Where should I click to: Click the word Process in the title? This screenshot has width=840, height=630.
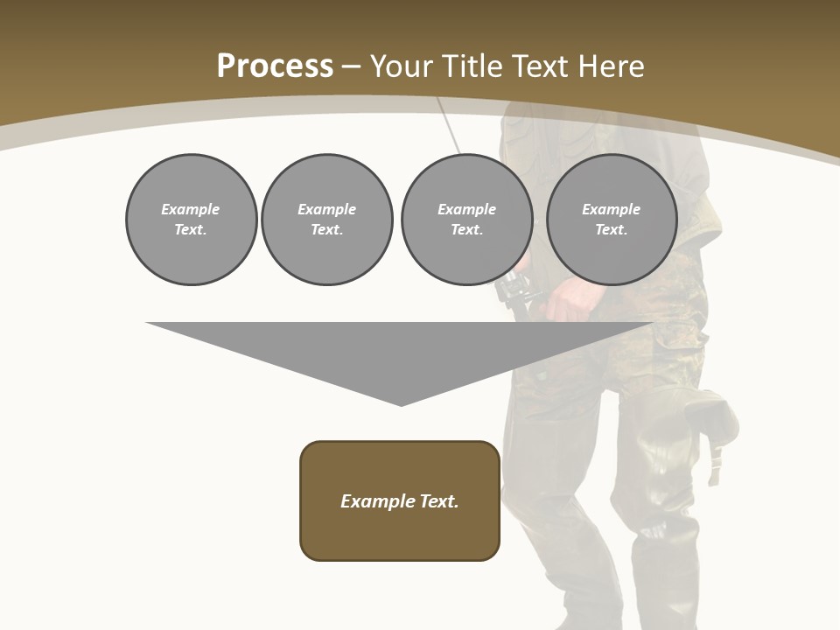click(275, 66)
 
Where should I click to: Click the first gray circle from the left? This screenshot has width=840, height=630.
click(191, 220)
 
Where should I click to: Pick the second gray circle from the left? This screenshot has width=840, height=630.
click(326, 220)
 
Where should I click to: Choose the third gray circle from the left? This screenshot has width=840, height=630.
click(466, 220)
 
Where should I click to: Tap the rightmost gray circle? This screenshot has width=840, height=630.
click(611, 220)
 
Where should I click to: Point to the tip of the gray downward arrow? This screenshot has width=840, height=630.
click(401, 403)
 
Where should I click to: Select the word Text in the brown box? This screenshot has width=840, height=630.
click(439, 501)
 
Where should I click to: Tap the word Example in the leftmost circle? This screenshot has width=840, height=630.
click(190, 209)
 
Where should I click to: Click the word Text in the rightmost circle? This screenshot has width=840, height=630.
click(611, 230)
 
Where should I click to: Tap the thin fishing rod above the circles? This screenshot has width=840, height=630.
click(451, 128)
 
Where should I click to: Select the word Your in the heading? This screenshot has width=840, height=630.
click(402, 66)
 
